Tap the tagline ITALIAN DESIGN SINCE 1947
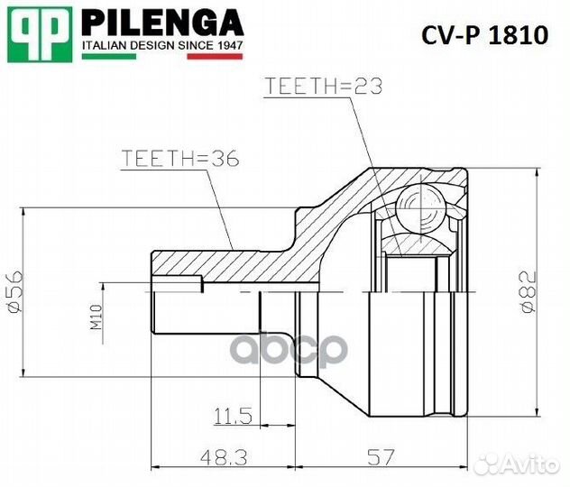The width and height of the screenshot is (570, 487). pos(162,44)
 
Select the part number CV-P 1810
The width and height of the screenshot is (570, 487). pos(485,35)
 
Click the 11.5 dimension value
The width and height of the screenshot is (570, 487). pos(232,416)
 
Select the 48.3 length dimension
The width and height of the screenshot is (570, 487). pos(205,459)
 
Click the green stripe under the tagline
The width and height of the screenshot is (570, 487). pos(108,57)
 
